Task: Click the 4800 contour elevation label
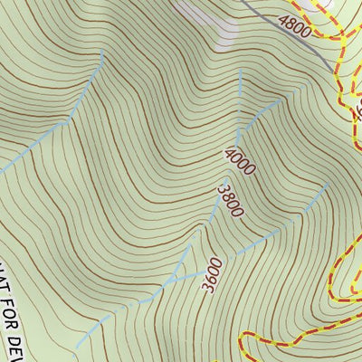point(295,25)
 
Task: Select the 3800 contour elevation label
point(230,202)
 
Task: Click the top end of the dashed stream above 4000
point(240,71)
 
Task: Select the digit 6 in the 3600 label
point(212,277)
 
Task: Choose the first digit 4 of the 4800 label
point(283,20)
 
